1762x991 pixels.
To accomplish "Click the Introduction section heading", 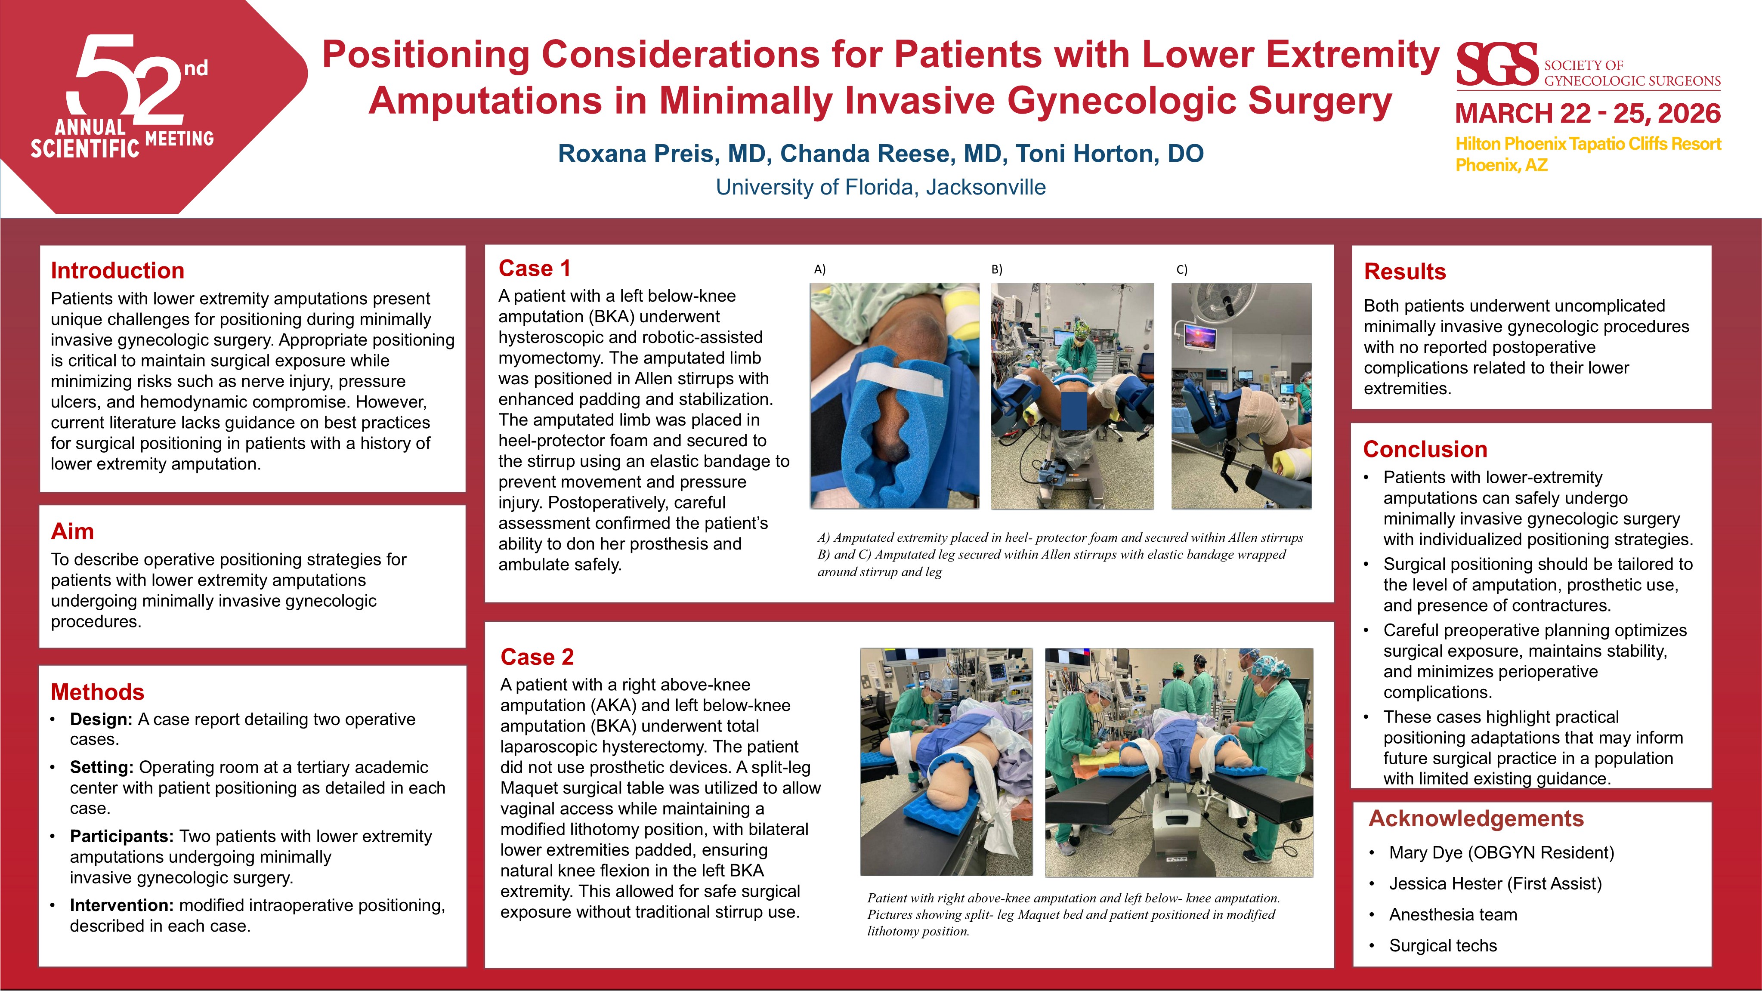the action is click(117, 271).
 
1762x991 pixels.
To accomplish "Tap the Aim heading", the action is click(72, 531).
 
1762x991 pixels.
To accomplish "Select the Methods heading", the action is click(97, 692).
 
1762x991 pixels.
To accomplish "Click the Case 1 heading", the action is click(534, 268).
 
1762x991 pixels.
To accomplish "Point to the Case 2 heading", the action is click(537, 657).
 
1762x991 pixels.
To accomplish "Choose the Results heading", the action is click(1405, 272).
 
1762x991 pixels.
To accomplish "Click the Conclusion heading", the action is click(1425, 449).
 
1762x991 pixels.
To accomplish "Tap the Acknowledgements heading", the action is click(1476, 818).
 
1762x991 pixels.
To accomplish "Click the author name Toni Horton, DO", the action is click(1110, 154).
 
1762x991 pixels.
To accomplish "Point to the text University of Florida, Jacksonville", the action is click(881, 187).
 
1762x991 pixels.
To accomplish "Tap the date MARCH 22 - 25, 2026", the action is click(1588, 114).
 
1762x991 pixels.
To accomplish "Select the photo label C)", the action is click(1182, 269).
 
